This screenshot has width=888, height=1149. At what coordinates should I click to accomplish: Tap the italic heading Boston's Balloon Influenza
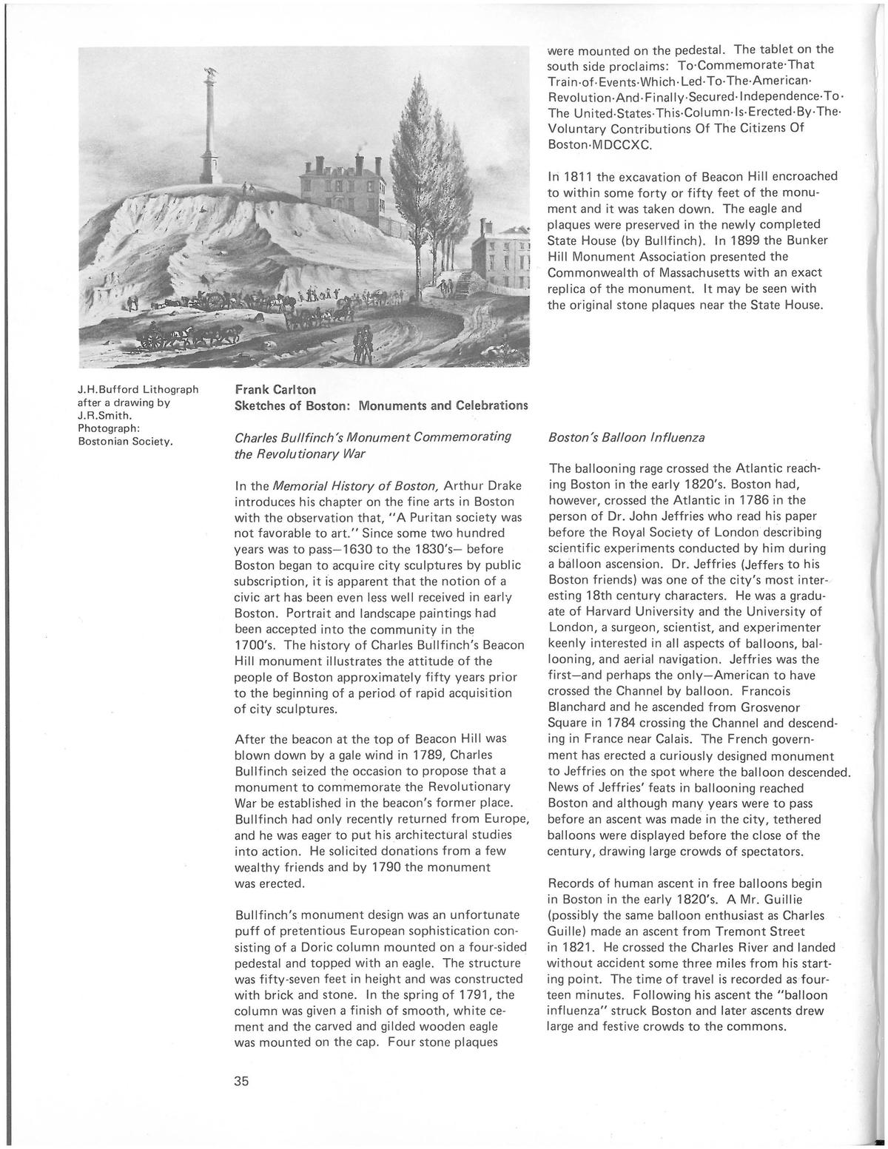click(x=626, y=437)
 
